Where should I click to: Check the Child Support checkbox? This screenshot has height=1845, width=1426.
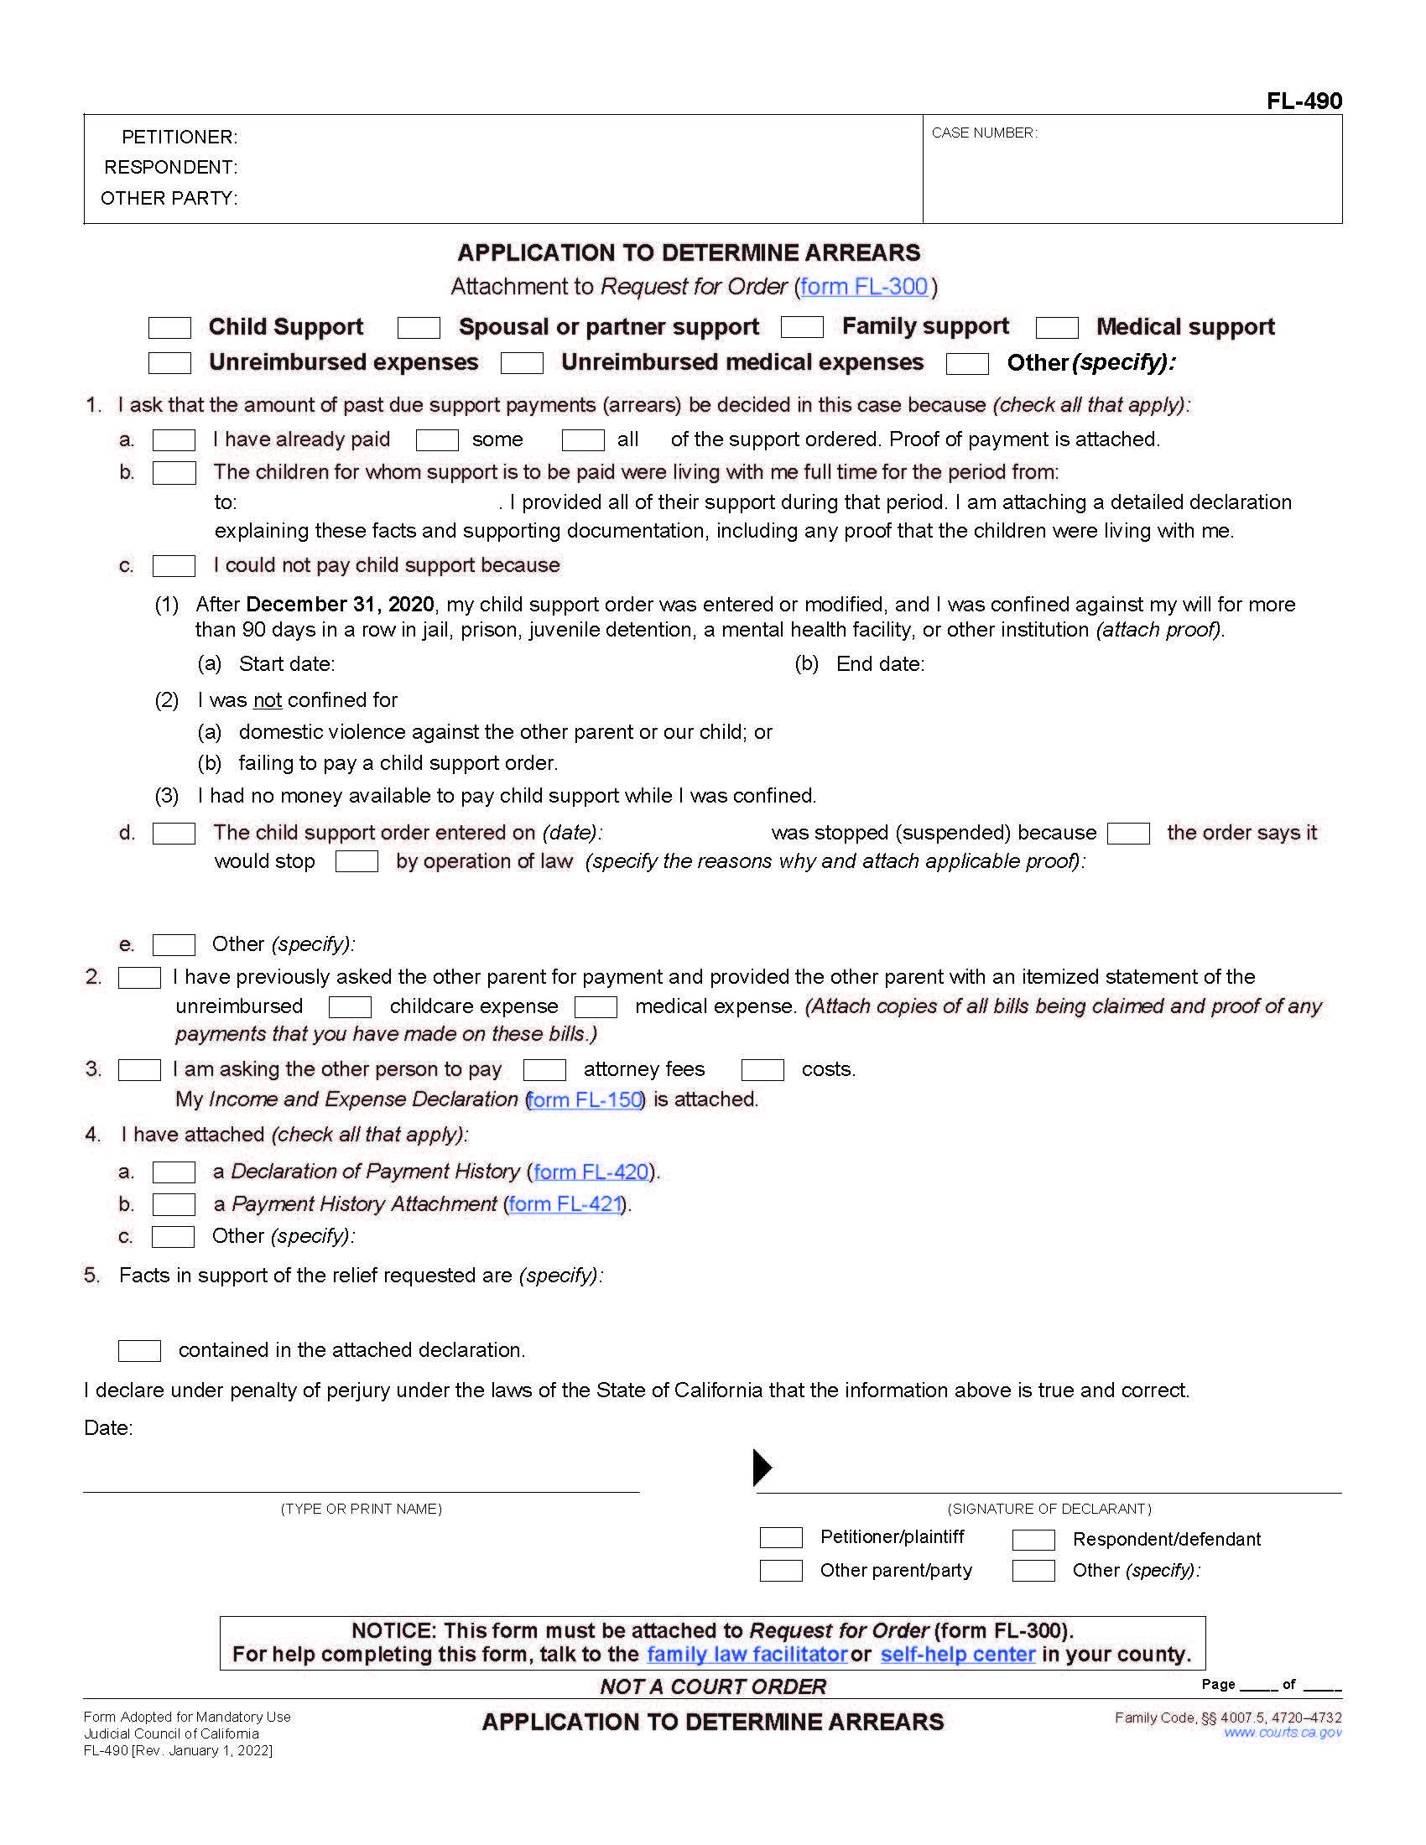(169, 328)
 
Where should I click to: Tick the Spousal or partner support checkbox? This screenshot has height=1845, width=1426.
(419, 328)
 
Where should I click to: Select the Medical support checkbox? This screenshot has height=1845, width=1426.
(1056, 328)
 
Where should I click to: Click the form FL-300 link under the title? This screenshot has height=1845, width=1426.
(863, 287)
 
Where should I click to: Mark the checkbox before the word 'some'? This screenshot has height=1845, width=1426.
(437, 440)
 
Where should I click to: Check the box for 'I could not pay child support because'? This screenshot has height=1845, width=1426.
(173, 566)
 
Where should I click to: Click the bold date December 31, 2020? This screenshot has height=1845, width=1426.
(340, 605)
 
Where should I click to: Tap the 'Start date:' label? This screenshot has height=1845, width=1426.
(286, 664)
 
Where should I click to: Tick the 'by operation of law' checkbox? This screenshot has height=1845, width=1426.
(356, 861)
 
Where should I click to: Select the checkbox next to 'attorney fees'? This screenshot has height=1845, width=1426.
(544, 1070)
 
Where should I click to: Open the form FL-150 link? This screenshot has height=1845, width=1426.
(584, 1100)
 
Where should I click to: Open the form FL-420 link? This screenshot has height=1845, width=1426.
(591, 1172)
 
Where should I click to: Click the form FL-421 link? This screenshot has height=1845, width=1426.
(565, 1204)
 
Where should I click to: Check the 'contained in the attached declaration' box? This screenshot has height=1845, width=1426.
(139, 1351)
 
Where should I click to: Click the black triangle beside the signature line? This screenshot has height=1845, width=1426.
(762, 1468)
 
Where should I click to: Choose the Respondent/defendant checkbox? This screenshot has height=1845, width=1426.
(1033, 1540)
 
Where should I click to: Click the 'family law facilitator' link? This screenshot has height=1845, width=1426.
(747, 1655)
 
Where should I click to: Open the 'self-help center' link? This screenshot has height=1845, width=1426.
(957, 1655)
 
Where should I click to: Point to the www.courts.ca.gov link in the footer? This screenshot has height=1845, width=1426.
(1283, 1733)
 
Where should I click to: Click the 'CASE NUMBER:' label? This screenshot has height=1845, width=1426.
(983, 133)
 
